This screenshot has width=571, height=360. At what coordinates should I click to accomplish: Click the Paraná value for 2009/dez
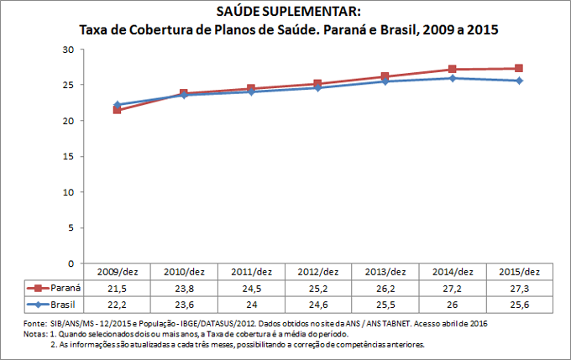click(x=118, y=287)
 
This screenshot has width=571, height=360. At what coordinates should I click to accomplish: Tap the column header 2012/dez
click(x=318, y=272)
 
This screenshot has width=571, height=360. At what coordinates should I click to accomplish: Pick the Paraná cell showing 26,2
click(x=385, y=287)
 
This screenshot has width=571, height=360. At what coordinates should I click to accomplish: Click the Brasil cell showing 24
click(x=251, y=303)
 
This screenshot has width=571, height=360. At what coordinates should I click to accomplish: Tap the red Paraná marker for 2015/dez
click(x=519, y=69)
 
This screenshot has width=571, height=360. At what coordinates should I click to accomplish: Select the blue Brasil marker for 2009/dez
click(x=118, y=105)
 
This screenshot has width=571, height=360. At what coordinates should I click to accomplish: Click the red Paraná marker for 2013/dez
click(x=385, y=76)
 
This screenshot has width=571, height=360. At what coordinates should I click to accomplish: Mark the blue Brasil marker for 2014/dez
click(x=452, y=78)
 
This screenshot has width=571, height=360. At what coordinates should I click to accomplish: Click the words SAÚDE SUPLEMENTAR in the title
click(x=286, y=13)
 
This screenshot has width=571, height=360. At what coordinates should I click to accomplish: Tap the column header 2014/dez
click(x=452, y=272)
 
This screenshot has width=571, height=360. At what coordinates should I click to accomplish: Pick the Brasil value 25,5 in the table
click(x=385, y=303)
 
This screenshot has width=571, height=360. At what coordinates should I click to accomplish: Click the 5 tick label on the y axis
click(x=71, y=228)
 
